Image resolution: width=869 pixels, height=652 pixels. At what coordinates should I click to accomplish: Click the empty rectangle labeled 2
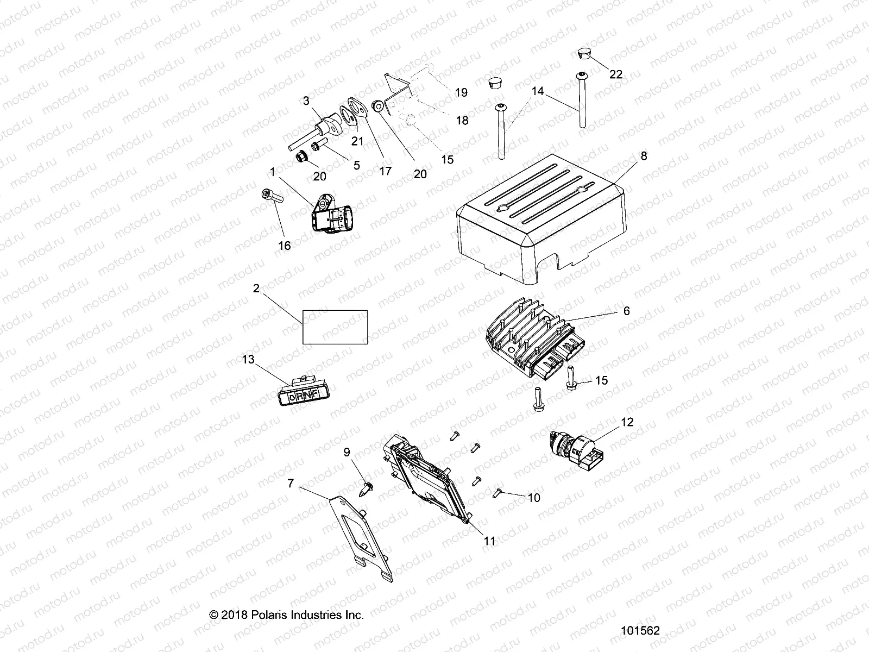[x=335, y=327]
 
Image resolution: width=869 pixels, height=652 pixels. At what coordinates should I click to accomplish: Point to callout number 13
[x=248, y=360]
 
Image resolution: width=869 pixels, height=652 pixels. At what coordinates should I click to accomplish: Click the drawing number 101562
[x=640, y=631]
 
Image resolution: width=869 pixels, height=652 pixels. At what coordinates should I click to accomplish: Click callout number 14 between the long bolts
[x=537, y=91]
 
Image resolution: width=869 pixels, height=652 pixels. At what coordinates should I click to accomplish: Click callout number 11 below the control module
[x=489, y=541]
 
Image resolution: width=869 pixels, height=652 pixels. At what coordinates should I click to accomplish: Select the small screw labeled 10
[x=498, y=492]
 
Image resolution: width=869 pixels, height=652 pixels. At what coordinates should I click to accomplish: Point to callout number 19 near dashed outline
[x=461, y=92]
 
